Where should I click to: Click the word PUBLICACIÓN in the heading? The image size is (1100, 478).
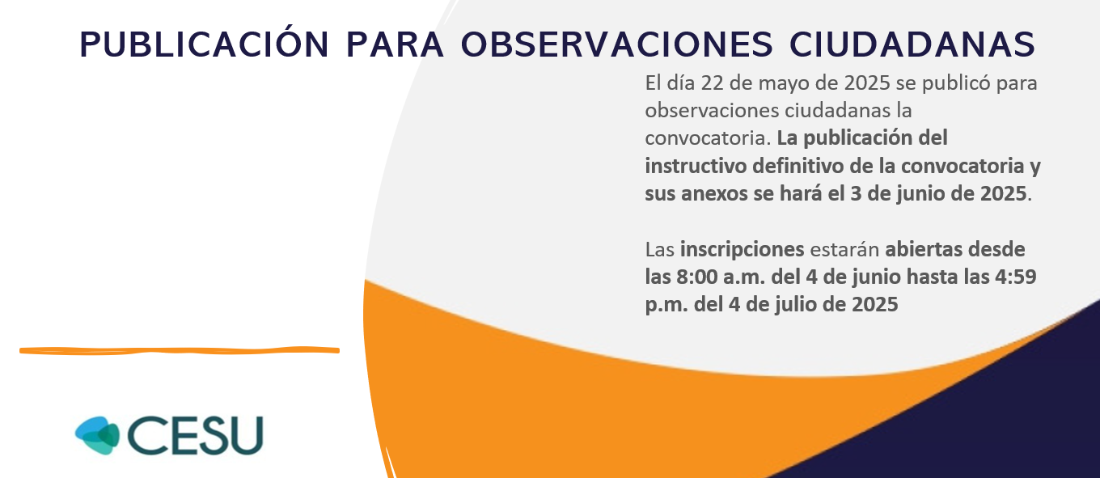click(x=204, y=44)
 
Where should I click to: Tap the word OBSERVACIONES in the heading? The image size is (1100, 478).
click(x=617, y=44)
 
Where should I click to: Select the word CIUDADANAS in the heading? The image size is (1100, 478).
click(x=912, y=44)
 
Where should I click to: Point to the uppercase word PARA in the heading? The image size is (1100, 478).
click(x=395, y=44)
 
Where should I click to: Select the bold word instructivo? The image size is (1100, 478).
click(x=696, y=166)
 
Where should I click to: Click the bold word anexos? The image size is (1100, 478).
click(x=714, y=194)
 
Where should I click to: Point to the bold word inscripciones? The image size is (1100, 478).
click(x=742, y=251)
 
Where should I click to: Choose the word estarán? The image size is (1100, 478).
click(x=844, y=250)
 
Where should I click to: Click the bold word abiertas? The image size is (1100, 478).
click(x=917, y=250)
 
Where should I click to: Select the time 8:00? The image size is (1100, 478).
click(x=697, y=277)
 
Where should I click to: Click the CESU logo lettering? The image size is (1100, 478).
click(x=196, y=436)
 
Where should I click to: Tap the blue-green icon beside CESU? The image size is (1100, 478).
click(x=97, y=436)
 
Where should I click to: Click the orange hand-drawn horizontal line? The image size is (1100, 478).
click(x=180, y=350)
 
